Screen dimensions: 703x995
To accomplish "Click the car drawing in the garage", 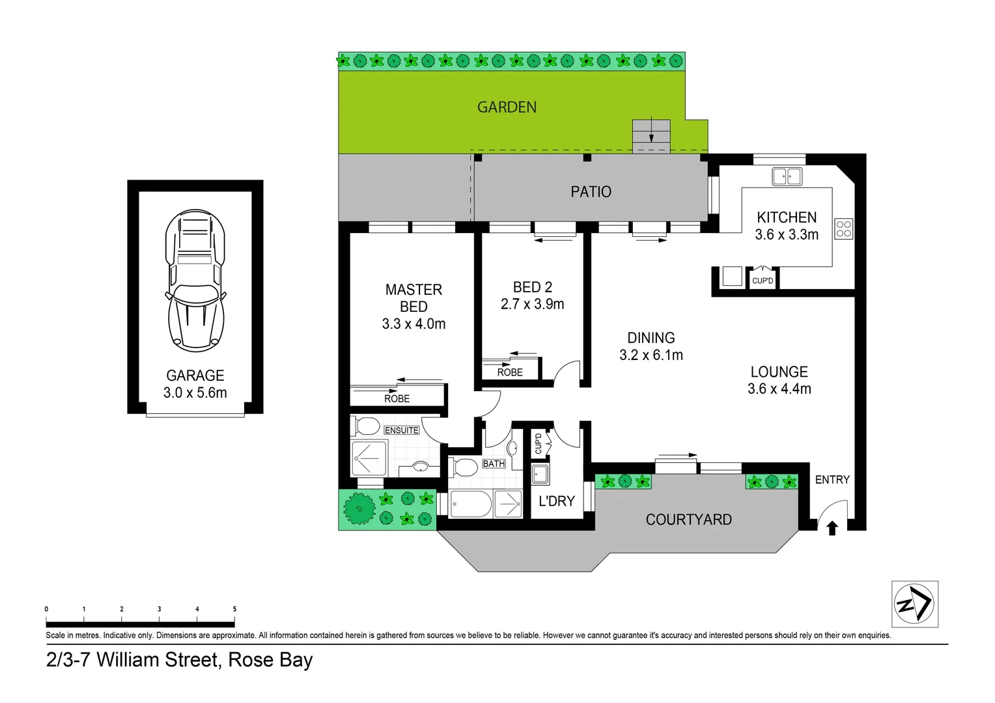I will click(195, 281).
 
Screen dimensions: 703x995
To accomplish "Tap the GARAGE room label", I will click(195, 376).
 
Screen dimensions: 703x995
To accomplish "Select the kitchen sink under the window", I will click(787, 176).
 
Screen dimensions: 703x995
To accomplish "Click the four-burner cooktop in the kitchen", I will click(843, 228).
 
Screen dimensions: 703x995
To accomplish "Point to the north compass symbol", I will click(914, 604).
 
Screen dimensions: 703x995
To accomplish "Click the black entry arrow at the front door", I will click(832, 528).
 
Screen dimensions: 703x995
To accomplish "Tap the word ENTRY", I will click(832, 480).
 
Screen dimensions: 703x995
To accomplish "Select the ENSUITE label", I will click(401, 430).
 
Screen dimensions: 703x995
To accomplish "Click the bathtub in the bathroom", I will click(470, 504).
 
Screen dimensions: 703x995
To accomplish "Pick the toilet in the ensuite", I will click(366, 427).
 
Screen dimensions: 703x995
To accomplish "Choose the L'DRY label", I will click(557, 501).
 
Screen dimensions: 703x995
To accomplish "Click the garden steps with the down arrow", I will click(651, 135).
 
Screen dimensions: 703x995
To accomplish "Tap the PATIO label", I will click(591, 192).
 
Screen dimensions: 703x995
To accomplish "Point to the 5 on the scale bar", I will click(234, 609).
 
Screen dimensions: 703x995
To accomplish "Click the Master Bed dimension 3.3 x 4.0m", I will click(413, 324).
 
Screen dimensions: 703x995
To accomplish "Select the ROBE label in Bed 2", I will click(510, 372).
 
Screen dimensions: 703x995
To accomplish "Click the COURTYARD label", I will click(688, 519).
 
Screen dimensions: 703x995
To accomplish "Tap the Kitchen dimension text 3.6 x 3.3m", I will click(787, 235).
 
